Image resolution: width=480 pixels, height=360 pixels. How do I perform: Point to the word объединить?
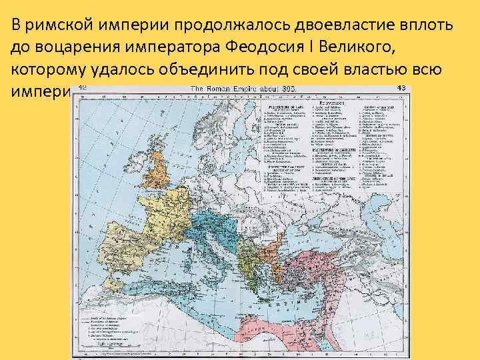click(213, 70)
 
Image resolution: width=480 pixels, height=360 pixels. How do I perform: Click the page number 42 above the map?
click(83, 88)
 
